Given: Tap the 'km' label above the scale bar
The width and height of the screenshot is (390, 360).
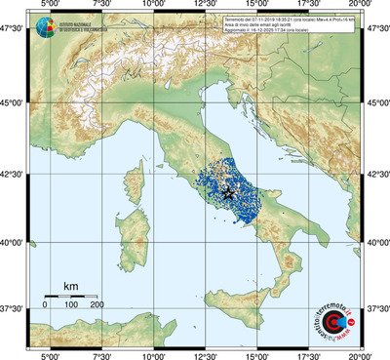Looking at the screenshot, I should tap(70, 286).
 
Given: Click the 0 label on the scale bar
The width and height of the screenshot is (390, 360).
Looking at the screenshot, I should tap(45, 305).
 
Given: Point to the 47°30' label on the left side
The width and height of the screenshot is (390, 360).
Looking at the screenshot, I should tap(12, 28).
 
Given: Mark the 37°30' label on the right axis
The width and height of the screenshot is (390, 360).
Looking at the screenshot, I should tap(378, 308).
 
